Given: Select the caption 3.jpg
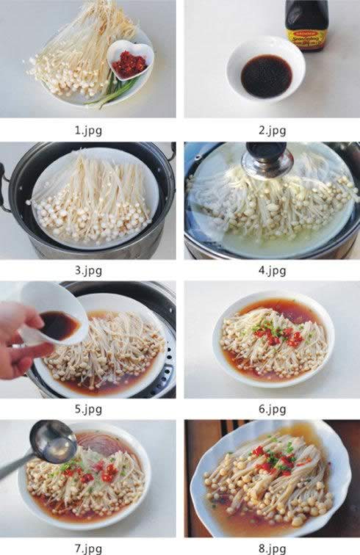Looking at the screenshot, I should (x=88, y=270).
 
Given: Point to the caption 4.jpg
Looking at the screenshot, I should (x=272, y=270).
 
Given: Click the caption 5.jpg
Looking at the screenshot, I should (x=88, y=409).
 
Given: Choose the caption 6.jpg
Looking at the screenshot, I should (x=272, y=409).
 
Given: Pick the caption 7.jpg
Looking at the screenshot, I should (x=88, y=548).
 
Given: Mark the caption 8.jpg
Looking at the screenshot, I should (x=272, y=548).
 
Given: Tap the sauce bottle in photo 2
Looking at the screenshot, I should (x=307, y=26).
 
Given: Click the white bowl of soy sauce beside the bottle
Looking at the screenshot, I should (x=265, y=70).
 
